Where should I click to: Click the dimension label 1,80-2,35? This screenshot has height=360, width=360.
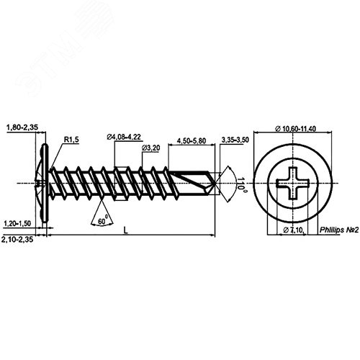[22, 128]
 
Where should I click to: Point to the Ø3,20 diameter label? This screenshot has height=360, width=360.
[150, 148]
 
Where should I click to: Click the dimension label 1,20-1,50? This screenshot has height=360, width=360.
[19, 225]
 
